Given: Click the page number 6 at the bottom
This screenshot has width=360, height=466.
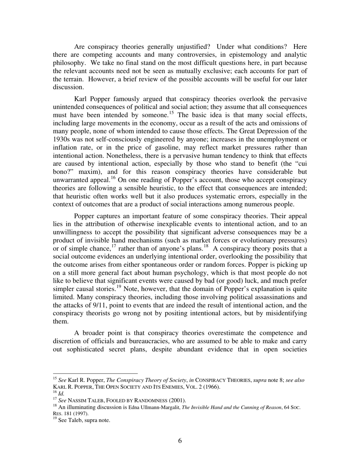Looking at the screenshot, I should pyautogui.click(x=180, y=441).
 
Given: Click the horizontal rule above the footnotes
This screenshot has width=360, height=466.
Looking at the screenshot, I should pyautogui.click(x=95, y=373).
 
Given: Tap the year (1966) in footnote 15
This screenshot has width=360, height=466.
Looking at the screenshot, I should pyautogui.click(x=211, y=387).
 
